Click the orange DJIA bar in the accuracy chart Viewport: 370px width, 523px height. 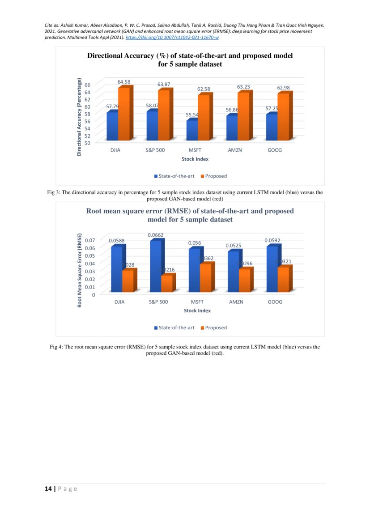124,114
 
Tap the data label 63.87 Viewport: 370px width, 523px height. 164,84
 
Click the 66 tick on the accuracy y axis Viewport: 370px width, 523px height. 87,85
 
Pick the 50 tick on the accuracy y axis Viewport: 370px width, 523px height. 87,143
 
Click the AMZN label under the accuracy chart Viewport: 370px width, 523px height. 234,150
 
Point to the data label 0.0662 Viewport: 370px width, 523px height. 156,235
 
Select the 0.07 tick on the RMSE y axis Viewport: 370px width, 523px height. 90,240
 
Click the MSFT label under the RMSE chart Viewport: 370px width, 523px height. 197,302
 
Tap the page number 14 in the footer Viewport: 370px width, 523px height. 47,489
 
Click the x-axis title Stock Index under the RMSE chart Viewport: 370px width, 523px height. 197,310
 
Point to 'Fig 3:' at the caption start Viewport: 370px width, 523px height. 54,192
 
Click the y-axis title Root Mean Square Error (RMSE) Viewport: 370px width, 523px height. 80,270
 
